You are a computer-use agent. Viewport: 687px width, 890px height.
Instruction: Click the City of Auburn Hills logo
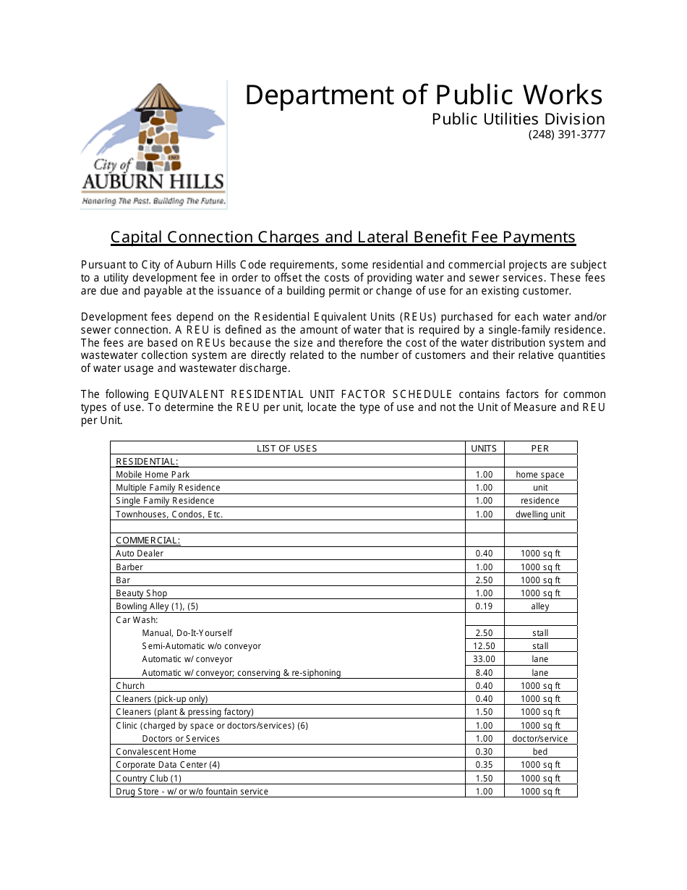pyautogui.click(x=153, y=145)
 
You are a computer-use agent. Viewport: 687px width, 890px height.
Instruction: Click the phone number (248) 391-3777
pyautogui.click(x=566, y=135)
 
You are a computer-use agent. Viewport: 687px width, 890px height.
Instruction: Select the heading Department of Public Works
pyautogui.click(x=423, y=96)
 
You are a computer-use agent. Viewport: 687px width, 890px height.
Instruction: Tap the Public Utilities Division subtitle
pyautogui.click(x=518, y=119)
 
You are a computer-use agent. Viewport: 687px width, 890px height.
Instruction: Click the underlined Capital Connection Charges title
pyautogui.click(x=343, y=237)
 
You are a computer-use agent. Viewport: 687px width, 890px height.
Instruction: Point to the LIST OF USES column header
pyautogui.click(x=287, y=449)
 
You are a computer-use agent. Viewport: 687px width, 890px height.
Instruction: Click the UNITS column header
pyautogui.click(x=484, y=449)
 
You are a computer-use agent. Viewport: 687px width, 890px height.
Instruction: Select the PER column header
pyautogui.click(x=540, y=449)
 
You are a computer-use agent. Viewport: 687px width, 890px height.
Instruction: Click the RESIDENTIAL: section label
pyautogui.click(x=147, y=462)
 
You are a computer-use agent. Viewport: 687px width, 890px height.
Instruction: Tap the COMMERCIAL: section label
pyautogui.click(x=148, y=541)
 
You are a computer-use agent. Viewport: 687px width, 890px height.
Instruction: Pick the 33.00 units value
pyautogui.click(x=484, y=659)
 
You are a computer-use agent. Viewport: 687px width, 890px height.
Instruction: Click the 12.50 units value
pyautogui.click(x=484, y=646)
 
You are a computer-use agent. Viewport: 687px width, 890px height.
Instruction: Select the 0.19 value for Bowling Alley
pyautogui.click(x=484, y=606)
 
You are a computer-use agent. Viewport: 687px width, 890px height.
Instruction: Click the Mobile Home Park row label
pyautogui.click(x=153, y=475)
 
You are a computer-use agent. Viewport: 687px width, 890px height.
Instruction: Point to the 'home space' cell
pyautogui.click(x=540, y=475)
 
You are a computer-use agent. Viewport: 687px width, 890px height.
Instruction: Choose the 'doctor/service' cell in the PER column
pyautogui.click(x=540, y=739)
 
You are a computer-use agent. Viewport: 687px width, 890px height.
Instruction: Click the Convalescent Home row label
pyautogui.click(x=156, y=752)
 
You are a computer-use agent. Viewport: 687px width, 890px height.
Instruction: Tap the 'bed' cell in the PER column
pyautogui.click(x=540, y=752)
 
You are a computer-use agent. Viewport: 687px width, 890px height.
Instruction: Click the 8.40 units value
pyautogui.click(x=484, y=673)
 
